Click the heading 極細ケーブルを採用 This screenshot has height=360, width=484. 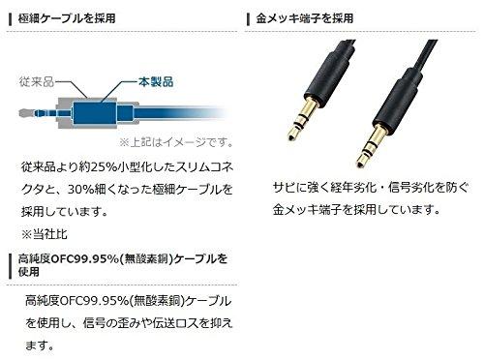point(67,18)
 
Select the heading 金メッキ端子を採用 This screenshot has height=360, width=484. point(305,18)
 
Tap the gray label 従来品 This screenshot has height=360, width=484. point(36,81)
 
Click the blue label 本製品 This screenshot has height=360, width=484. point(156,81)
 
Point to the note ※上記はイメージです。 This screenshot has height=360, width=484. point(176,142)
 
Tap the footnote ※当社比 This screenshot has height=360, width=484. point(45,234)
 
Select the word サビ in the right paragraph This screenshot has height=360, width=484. point(284,187)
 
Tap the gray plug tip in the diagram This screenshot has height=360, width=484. point(26,113)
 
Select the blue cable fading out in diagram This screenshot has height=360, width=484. point(182,113)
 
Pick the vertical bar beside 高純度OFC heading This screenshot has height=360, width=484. point(10,266)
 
